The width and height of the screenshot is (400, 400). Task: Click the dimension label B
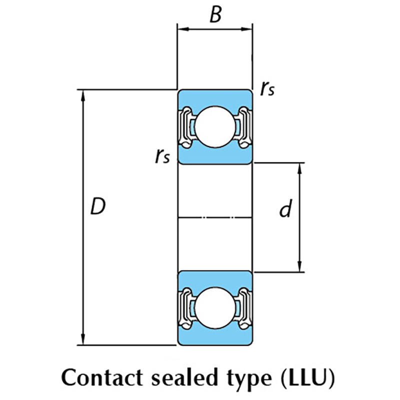(215, 15)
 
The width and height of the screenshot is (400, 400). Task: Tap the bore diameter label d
(285, 210)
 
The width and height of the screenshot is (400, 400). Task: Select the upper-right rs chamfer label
(267, 88)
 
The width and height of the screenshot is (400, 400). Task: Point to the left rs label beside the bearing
(162, 157)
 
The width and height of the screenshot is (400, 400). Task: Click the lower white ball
(214, 308)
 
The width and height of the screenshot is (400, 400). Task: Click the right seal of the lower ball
(243, 308)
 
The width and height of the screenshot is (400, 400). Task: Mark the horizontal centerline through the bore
(215, 217)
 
